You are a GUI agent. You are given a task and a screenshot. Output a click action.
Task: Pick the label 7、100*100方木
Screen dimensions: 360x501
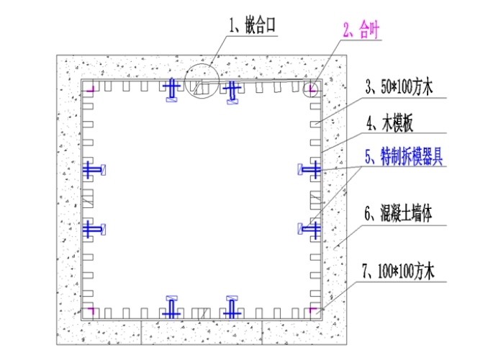[400, 271]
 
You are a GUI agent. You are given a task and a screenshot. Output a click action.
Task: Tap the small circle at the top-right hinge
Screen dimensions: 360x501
[312, 89]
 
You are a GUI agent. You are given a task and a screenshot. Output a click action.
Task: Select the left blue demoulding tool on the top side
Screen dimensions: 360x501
[171, 90]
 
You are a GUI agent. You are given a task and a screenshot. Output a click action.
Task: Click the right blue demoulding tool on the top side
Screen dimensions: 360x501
[232, 91]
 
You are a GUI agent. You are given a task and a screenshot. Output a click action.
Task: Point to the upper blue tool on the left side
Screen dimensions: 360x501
[93, 170]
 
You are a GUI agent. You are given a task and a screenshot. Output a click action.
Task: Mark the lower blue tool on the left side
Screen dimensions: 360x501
[93, 229]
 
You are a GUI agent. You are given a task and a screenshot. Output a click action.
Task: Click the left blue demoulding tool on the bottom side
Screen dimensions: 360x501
[172, 307]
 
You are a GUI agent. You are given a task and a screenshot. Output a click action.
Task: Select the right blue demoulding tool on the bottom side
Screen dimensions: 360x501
[233, 307]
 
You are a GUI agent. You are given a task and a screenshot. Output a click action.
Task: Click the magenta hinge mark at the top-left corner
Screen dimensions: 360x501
[90, 89]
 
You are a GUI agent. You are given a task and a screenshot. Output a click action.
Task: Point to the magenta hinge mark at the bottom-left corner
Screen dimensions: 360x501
[90, 311]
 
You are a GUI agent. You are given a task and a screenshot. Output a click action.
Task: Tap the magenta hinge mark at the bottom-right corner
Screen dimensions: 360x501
[314, 311]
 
